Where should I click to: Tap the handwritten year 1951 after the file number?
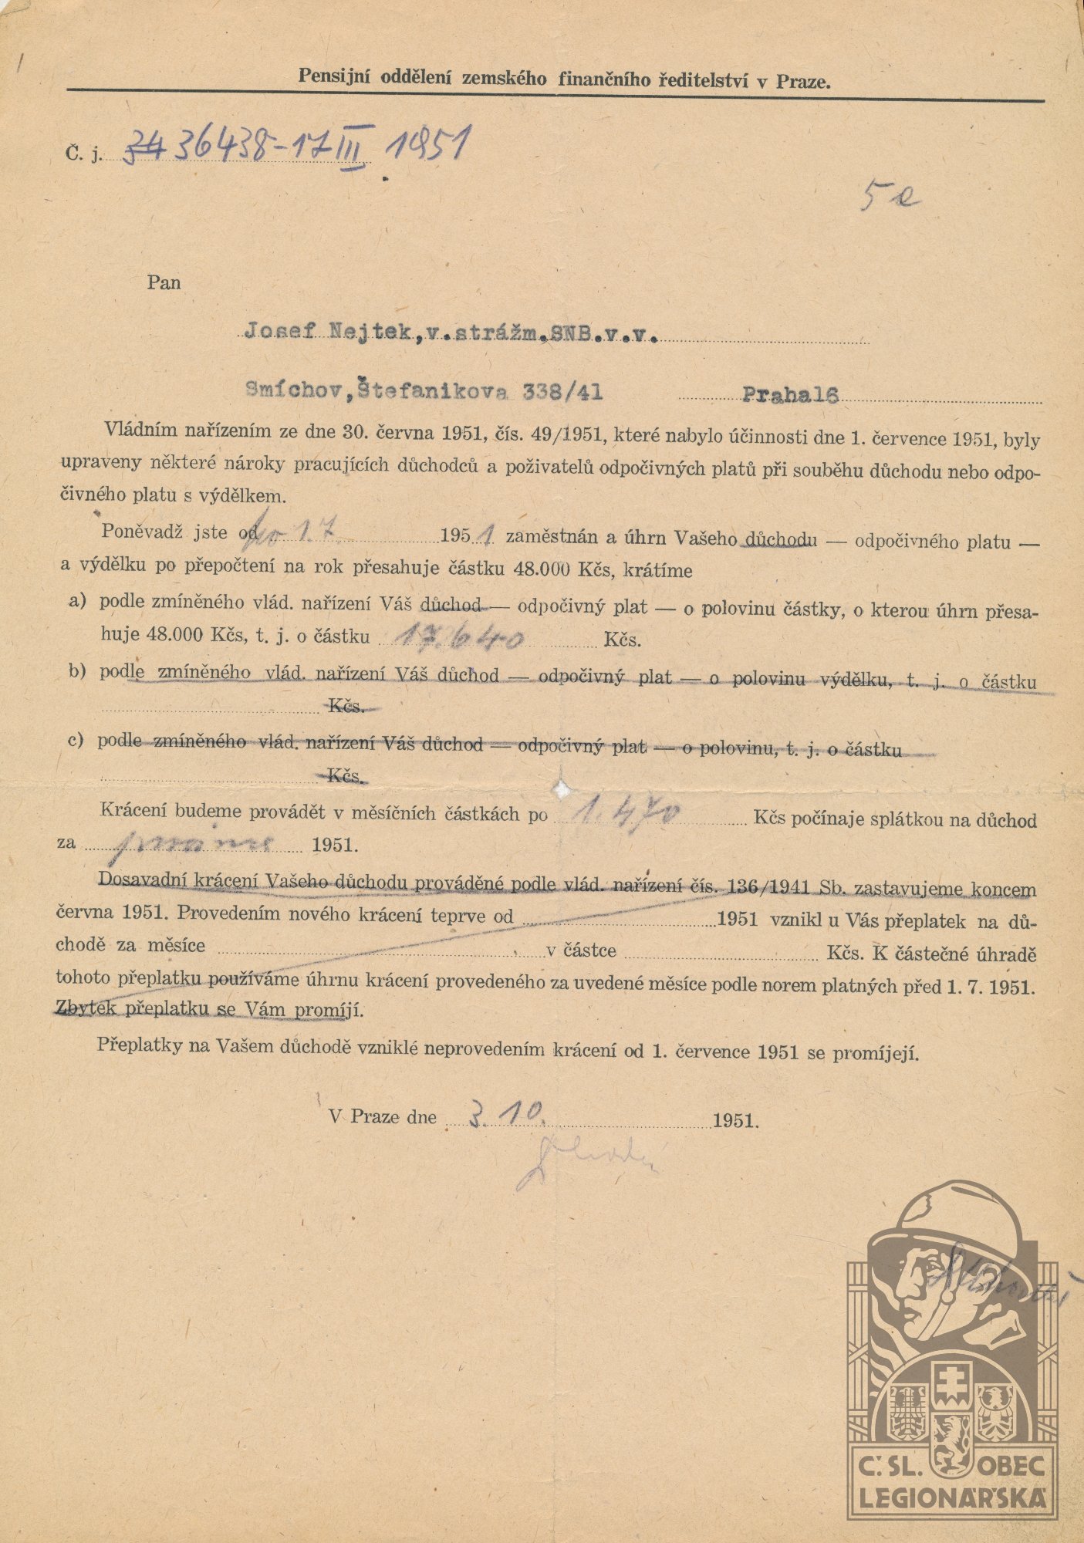[427, 144]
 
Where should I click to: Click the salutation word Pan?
[164, 283]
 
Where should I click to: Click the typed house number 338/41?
[562, 392]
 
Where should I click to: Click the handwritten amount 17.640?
[460, 637]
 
